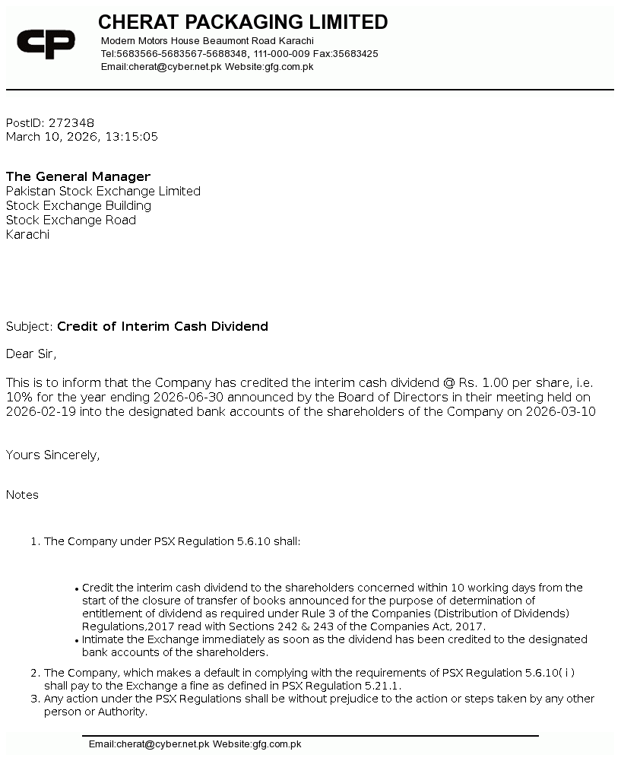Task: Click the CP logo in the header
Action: coord(46,44)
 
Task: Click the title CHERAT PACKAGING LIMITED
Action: coord(242,22)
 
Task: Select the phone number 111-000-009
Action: coord(281,54)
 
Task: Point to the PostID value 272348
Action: coord(71,123)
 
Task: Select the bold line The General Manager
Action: coord(78,177)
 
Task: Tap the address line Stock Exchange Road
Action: coord(71,220)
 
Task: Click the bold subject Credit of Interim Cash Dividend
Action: coord(163,327)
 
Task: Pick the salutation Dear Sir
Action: coord(31,354)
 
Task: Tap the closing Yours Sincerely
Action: coord(52,455)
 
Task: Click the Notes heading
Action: coord(22,495)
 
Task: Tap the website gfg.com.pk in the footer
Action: coord(277,744)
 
